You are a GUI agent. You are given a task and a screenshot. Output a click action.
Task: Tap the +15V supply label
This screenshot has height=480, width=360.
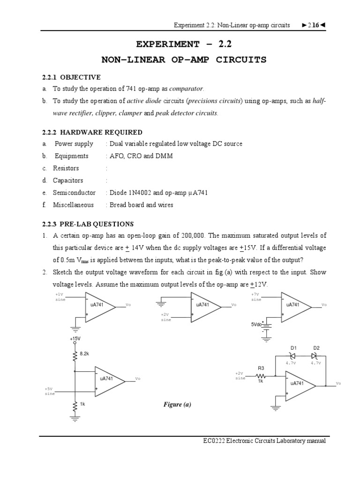tap(75, 338)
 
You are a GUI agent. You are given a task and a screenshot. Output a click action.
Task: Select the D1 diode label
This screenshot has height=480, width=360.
tap(294, 348)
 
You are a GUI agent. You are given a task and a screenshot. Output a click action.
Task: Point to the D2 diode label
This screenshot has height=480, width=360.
tap(316, 348)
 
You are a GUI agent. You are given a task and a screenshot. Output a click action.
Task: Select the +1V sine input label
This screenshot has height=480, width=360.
tap(60, 297)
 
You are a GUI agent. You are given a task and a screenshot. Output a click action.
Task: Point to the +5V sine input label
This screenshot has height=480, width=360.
tap(50, 391)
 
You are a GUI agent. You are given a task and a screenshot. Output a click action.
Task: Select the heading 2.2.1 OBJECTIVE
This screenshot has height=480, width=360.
tap(71, 77)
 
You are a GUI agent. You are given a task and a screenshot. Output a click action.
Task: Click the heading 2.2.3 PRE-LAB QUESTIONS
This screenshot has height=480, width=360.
tap(88, 224)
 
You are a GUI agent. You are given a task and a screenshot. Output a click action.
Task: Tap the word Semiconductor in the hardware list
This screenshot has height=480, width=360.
tap(74, 193)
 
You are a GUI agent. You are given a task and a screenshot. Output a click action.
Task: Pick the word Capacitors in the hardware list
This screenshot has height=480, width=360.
tap(68, 180)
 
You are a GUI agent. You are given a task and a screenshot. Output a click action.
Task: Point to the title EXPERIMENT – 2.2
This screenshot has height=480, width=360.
tap(184, 45)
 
